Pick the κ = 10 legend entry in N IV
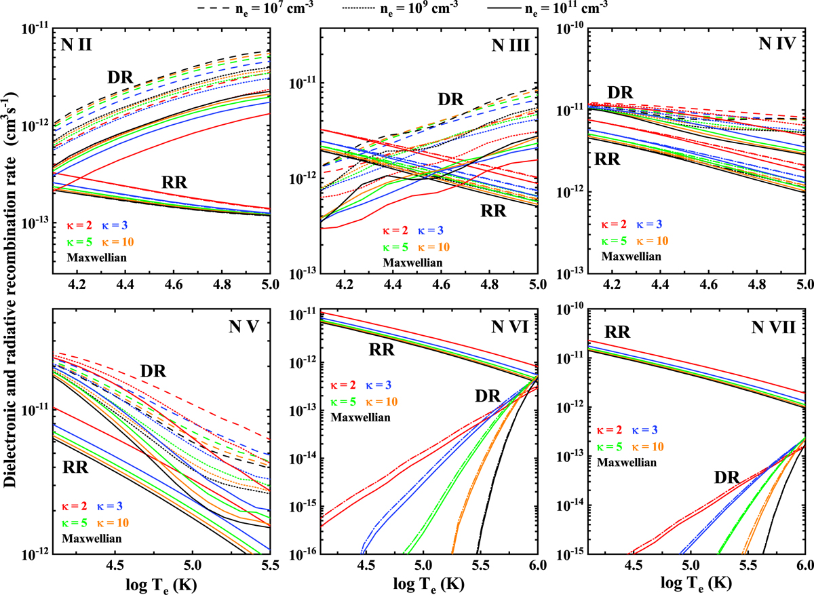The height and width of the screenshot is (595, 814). click(x=652, y=240)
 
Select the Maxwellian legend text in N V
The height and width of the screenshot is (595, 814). click(x=95, y=539)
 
